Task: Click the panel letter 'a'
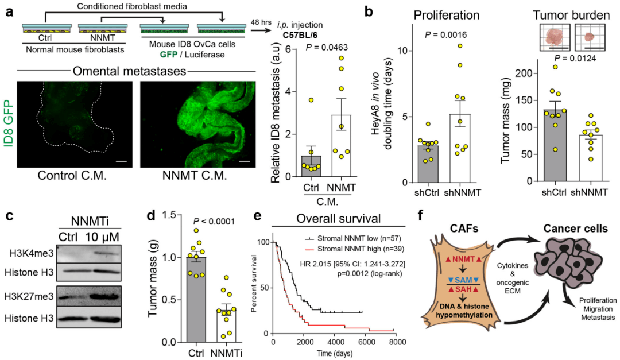pos(9,12)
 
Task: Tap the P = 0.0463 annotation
pos(327,48)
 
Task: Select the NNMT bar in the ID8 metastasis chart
pos(341,146)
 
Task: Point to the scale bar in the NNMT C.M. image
pos(245,161)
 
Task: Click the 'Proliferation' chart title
pos(447,15)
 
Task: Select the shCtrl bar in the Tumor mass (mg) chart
pos(555,145)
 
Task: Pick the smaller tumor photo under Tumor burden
pos(590,37)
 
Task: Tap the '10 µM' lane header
pos(102,237)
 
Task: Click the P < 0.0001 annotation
pos(214,222)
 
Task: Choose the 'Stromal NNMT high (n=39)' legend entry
pos(354,249)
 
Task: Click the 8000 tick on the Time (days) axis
pos(397,342)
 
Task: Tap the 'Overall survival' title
pos(339,218)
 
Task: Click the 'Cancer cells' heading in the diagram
pos(575,229)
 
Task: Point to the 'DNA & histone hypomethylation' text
pos(464,311)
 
